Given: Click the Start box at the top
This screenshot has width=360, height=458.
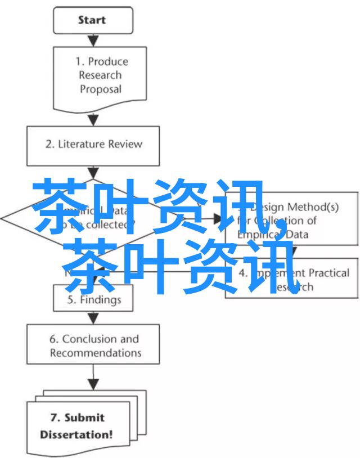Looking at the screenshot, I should click(92, 20).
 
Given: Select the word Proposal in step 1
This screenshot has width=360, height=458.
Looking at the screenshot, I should click(101, 89).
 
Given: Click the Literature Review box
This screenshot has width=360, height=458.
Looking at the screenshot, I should click(93, 145).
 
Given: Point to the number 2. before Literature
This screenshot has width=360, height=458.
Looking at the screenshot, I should click(49, 145).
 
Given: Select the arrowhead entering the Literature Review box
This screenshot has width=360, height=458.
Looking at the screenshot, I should click(93, 121).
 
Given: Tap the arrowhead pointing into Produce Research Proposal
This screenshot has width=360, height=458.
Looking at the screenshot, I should click(93, 41).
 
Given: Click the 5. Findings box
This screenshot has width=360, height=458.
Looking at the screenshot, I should click(93, 299).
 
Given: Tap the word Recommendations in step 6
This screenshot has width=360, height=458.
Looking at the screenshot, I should click(96, 353).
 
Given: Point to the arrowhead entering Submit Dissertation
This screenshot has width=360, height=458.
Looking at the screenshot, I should click(93, 385).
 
